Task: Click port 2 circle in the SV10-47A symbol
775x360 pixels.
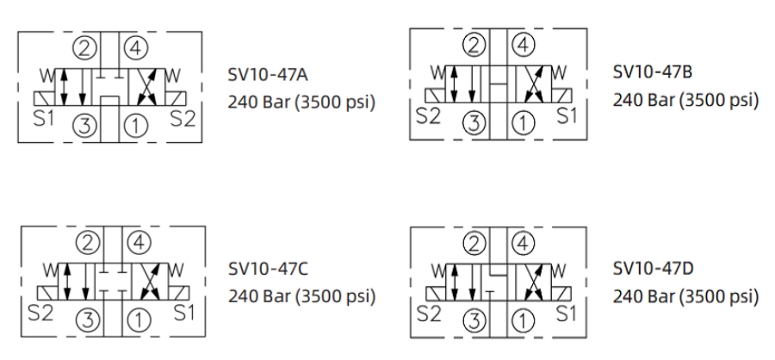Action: tap(84, 45)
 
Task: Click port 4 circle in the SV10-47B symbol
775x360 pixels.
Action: tap(523, 41)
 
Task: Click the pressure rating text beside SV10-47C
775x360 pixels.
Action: tap(301, 297)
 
